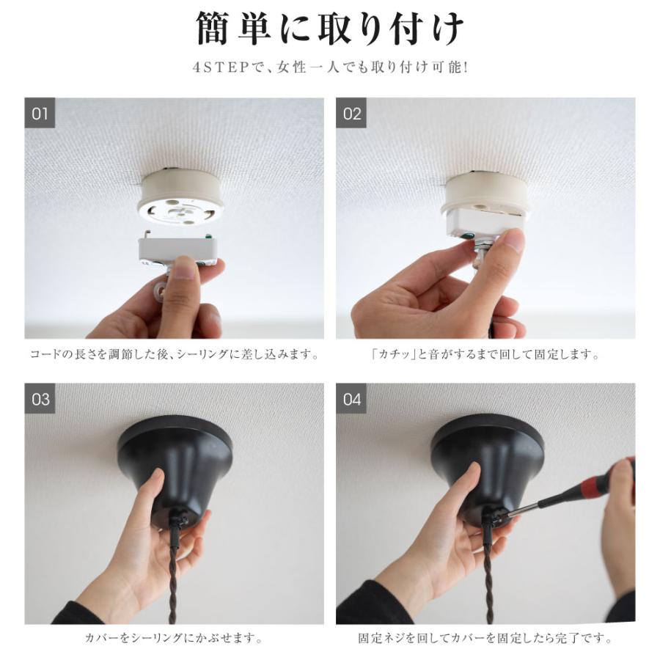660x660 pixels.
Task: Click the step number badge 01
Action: click(40, 114)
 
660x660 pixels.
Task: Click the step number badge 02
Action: click(352, 114)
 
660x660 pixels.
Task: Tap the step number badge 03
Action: click(40, 399)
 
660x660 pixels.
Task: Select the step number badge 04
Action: click(352, 399)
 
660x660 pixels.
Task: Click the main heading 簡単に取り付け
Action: click(330, 30)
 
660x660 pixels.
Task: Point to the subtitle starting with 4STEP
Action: click(330, 67)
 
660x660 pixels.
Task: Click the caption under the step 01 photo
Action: click(174, 355)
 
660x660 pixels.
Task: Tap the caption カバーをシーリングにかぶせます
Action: click(174, 638)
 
